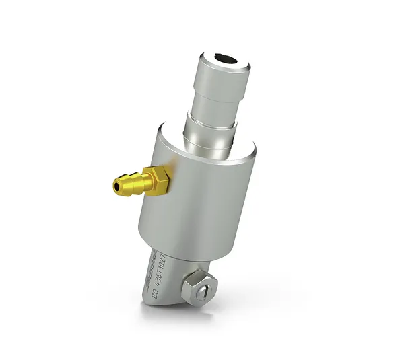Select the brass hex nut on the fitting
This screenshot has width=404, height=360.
coord(160,179)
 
